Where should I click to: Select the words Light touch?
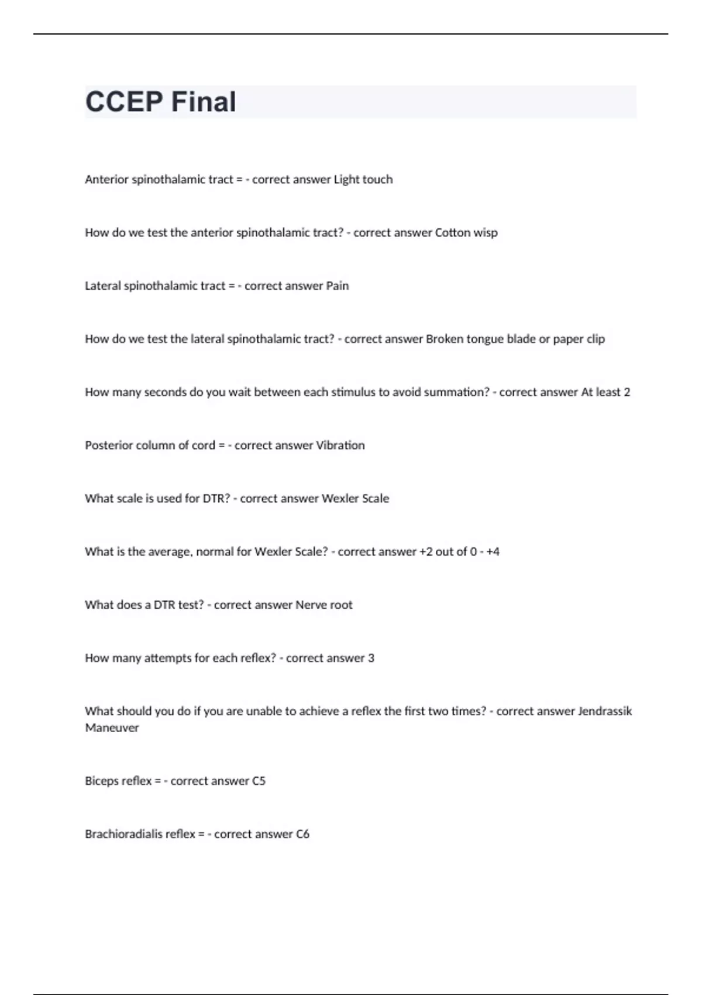(x=363, y=180)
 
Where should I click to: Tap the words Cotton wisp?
(x=466, y=233)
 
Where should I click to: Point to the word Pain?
(x=338, y=286)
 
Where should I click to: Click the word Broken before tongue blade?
(x=445, y=339)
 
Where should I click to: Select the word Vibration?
(x=340, y=445)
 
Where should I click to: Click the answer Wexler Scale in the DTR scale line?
(x=355, y=499)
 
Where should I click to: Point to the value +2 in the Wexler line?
(x=426, y=552)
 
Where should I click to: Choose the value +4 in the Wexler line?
(x=493, y=552)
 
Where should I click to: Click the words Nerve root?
(x=324, y=605)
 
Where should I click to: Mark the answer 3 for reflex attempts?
(x=371, y=658)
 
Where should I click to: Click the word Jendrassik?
(x=605, y=712)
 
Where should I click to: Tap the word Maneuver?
(x=112, y=728)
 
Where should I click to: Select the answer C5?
(x=259, y=781)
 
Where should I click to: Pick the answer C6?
(x=302, y=835)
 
